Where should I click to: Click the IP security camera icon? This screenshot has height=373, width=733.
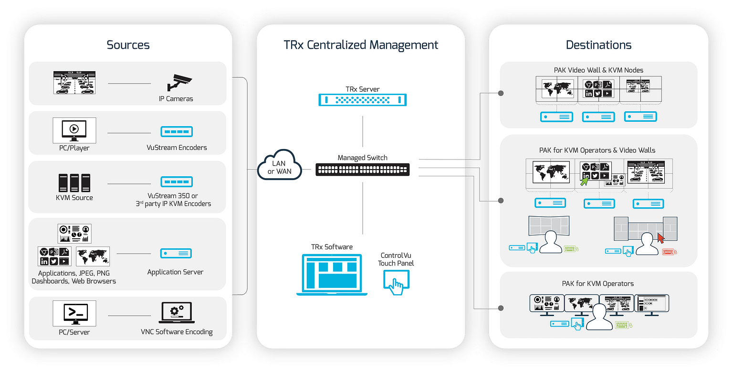[179, 82]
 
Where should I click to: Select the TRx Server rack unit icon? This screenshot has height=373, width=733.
[363, 100]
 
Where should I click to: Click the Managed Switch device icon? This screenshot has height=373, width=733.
[363, 170]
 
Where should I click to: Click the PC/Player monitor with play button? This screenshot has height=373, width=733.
[74, 130]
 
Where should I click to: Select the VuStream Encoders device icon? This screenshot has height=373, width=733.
[177, 132]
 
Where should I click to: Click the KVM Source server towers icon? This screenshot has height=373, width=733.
[74, 183]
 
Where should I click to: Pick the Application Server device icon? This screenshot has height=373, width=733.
[176, 254]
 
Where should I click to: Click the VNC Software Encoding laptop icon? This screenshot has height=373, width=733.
[176, 313]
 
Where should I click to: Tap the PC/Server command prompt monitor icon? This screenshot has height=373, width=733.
[74, 313]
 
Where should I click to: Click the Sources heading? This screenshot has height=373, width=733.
[128, 45]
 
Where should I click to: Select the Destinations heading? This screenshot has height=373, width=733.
[598, 45]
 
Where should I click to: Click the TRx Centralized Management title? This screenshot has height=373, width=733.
[361, 45]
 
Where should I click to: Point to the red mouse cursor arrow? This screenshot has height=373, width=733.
[661, 237]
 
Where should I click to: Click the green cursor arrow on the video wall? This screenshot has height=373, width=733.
[585, 181]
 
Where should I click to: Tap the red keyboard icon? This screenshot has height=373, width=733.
[669, 251]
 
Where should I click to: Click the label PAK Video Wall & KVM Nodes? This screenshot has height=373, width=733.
[598, 70]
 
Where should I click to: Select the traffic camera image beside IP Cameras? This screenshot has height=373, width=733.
[74, 82]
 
